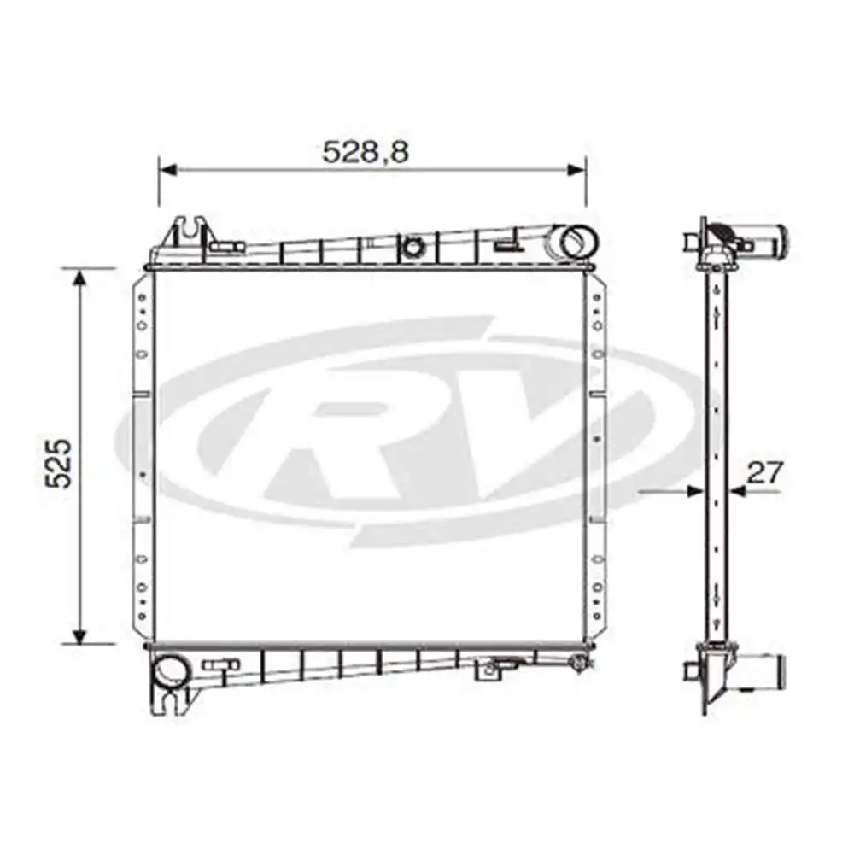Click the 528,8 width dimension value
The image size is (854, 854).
366,151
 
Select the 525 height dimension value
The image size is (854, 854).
57,464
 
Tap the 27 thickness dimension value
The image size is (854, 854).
764,472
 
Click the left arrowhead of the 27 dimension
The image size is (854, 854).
697,491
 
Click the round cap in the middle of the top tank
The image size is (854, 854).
414,248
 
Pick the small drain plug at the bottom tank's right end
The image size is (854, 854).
581,661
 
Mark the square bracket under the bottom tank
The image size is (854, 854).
488,671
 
